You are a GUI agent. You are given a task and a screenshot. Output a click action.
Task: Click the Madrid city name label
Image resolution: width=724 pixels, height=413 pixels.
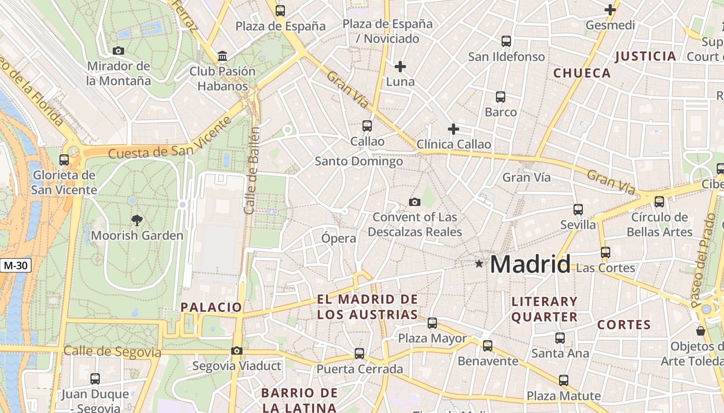click(x=530, y=264)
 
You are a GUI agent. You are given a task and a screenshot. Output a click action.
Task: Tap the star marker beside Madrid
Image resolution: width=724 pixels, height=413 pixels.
click(x=479, y=264)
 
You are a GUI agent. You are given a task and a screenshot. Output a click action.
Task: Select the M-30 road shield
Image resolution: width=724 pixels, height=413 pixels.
click(x=16, y=266)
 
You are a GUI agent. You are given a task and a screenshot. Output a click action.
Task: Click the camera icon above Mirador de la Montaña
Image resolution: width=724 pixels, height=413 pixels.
click(x=118, y=51)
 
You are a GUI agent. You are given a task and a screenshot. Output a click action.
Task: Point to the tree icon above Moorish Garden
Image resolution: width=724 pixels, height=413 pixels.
click(x=137, y=220)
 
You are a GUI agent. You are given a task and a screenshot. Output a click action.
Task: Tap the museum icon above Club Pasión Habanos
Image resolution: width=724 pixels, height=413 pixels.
click(x=222, y=56)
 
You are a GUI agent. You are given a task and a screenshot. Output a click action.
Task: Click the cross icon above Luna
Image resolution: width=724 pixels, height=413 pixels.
click(x=400, y=67)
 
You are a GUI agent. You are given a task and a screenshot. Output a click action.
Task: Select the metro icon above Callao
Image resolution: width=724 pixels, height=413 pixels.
click(x=367, y=125)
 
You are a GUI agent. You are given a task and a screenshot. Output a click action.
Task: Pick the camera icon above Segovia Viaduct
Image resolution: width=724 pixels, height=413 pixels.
click(x=236, y=351)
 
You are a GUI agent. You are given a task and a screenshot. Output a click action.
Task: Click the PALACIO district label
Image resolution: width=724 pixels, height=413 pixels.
click(x=211, y=307)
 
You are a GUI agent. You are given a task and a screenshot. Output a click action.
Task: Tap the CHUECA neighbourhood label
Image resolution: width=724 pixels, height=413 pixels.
click(x=582, y=73)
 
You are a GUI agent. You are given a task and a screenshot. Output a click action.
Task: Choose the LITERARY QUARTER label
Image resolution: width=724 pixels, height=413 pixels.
click(x=545, y=309)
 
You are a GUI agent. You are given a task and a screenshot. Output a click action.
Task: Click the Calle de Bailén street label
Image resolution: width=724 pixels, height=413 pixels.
click(x=252, y=170)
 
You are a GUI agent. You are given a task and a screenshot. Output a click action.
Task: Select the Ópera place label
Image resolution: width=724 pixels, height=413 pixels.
click(x=339, y=238)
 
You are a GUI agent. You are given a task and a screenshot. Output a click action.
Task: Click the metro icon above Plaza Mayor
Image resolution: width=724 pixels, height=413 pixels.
click(x=432, y=323)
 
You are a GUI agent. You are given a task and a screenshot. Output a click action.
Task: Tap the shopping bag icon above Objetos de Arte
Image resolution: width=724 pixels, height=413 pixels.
click(x=701, y=330)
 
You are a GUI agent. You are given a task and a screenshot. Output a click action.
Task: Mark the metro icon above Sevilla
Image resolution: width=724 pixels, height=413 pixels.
click(x=578, y=210)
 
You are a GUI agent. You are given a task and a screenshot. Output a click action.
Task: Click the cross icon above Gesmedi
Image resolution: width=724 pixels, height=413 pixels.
click(x=610, y=10)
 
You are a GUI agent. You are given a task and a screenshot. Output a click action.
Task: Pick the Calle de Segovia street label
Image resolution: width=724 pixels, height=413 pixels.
click(x=112, y=352)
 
